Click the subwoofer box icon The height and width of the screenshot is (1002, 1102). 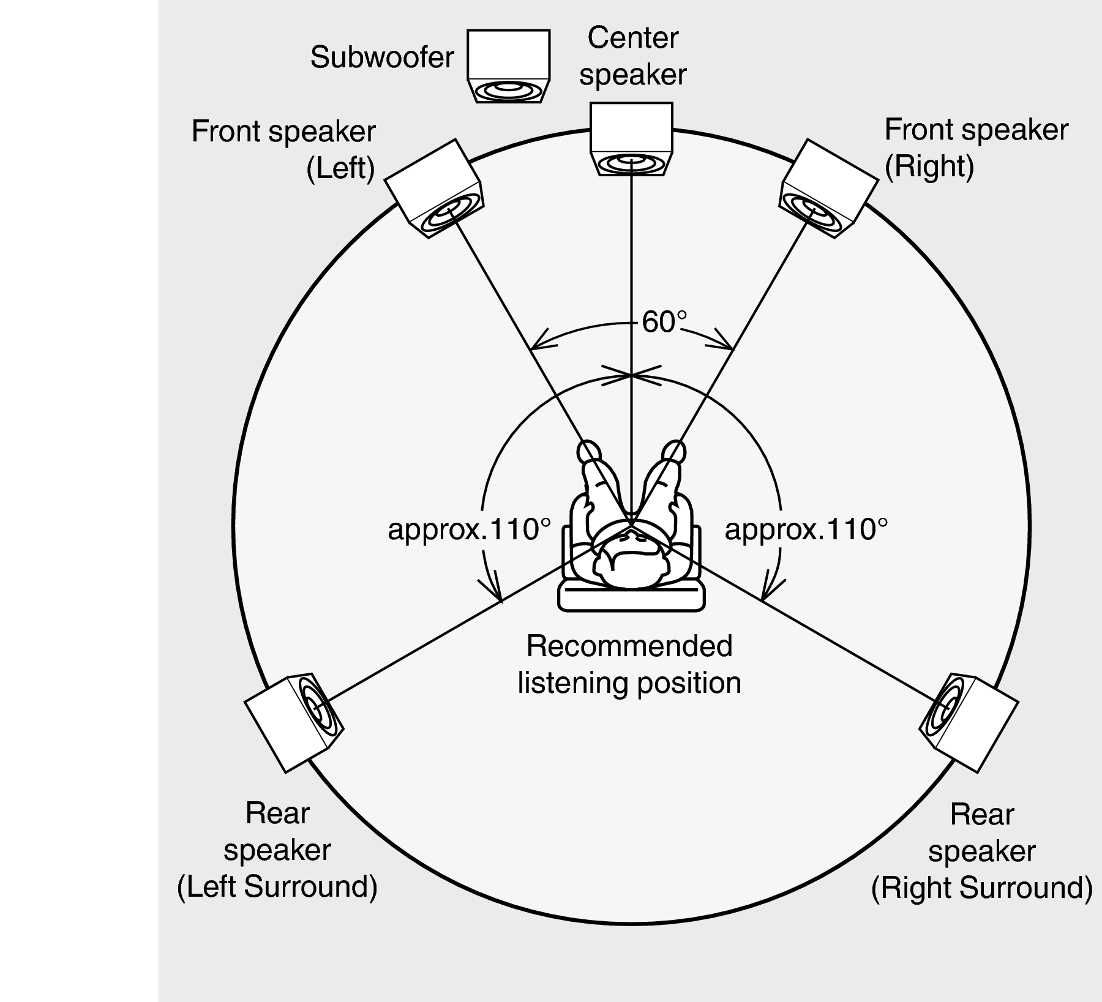(x=508, y=66)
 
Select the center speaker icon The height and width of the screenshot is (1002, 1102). (x=631, y=140)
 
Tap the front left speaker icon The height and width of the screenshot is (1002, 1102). (x=434, y=189)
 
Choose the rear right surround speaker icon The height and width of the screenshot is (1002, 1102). (x=969, y=721)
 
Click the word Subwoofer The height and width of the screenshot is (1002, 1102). (x=382, y=58)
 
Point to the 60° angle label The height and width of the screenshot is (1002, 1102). (x=664, y=322)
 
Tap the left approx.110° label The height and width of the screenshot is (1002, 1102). (x=470, y=529)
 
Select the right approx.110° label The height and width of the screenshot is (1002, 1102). (x=806, y=529)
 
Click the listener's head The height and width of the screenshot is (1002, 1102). (x=631, y=561)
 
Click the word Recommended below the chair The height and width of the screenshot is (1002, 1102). (x=629, y=646)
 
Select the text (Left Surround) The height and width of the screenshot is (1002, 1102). (x=277, y=887)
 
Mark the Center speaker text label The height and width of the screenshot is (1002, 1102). (x=632, y=56)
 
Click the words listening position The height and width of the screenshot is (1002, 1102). (x=629, y=682)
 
